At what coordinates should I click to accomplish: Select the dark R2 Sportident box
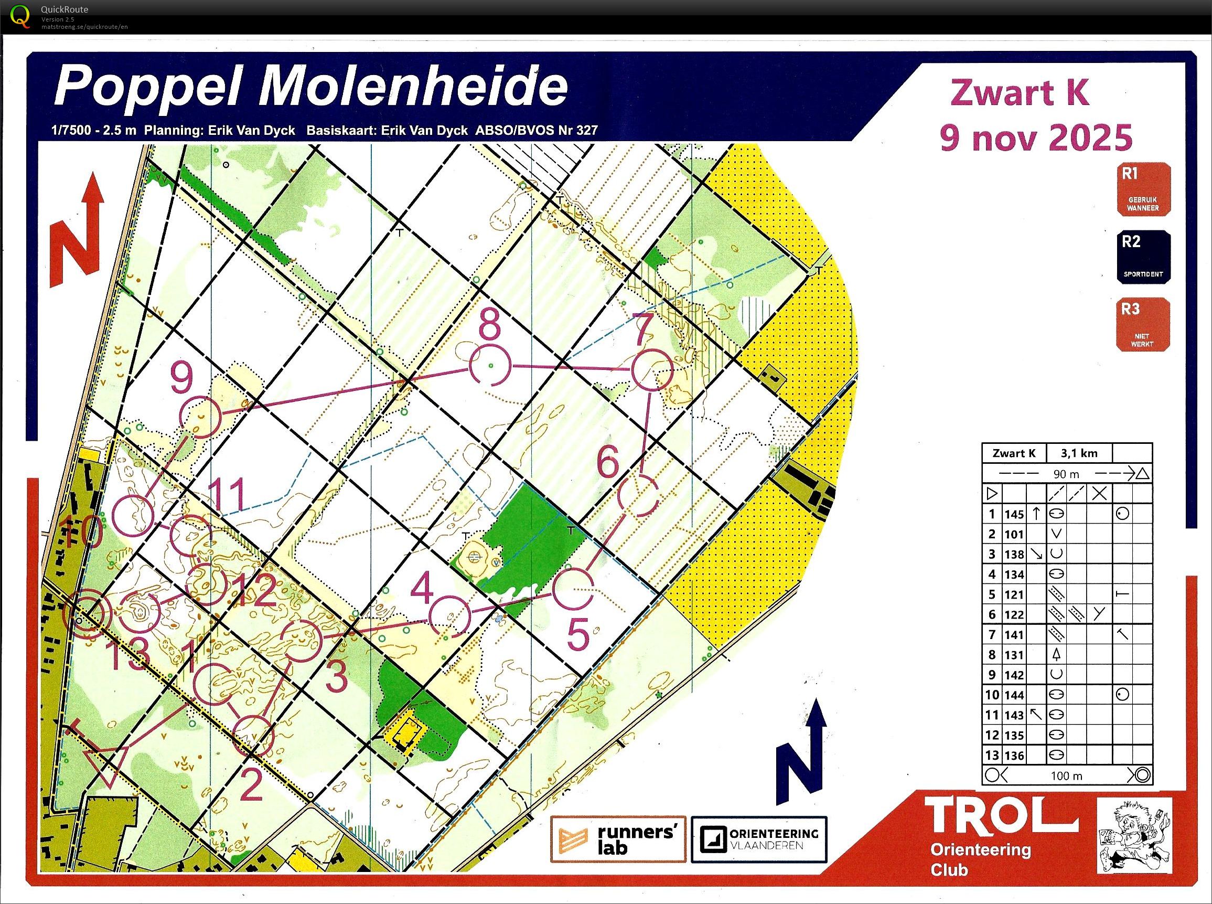point(1143,257)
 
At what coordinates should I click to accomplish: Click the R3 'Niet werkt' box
point(1143,324)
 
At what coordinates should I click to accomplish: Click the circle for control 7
point(651,370)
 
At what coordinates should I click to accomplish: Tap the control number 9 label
point(181,379)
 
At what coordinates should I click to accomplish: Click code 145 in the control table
point(1013,514)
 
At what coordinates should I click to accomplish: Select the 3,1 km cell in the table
point(1079,453)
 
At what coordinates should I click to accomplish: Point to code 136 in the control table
point(1013,756)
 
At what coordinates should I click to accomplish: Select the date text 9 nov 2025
point(1035,138)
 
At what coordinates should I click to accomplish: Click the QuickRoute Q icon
point(20,16)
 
